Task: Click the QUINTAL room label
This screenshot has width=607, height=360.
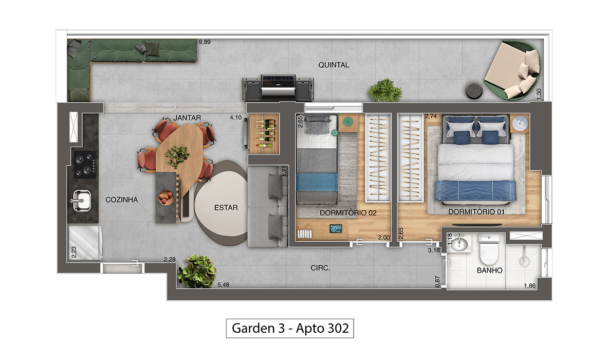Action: click(333, 65)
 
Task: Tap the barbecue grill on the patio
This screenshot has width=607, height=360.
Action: click(278, 87)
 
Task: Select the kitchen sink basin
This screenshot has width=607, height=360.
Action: click(82, 201)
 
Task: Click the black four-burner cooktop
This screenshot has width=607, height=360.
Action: click(85, 164)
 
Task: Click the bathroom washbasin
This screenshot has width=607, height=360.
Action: click(459, 243)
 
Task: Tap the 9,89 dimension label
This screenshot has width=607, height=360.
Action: click(205, 42)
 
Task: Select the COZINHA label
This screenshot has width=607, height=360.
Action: click(122, 200)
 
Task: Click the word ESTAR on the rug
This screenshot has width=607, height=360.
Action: click(226, 208)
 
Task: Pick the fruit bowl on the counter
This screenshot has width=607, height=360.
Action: click(165, 197)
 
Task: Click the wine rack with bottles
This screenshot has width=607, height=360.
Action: click(264, 134)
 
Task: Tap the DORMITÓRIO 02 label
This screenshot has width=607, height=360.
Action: click(348, 213)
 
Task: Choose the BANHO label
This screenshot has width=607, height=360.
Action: click(489, 271)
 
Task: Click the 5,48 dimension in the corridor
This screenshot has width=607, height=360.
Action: click(224, 285)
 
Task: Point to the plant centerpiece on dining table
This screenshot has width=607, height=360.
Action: click(177, 156)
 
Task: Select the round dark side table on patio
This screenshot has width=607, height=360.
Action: click(473, 90)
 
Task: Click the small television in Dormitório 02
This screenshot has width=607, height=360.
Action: click(336, 229)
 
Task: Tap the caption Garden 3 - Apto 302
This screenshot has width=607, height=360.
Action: click(290, 328)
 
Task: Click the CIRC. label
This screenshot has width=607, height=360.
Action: click(320, 268)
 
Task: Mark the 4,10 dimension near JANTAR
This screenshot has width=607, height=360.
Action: click(235, 117)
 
